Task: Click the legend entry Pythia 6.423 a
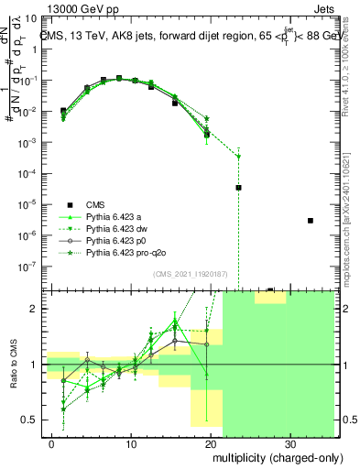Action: pos(115,216)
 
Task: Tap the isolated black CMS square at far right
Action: pos(311,221)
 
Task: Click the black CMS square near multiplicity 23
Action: pos(238,187)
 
